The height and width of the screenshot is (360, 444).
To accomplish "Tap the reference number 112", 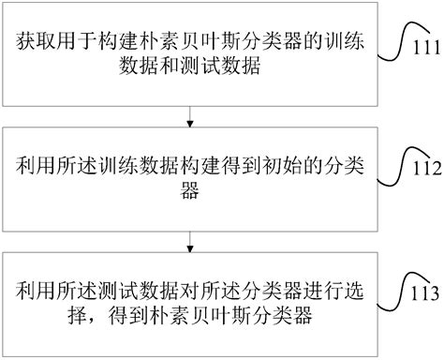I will pyautogui.click(x=422, y=170).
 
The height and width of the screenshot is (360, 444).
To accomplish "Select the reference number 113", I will pyautogui.click(x=424, y=292).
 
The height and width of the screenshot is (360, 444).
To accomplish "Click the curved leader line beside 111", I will pyautogui.click(x=398, y=37).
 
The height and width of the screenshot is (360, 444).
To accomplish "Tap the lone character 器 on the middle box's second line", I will pyautogui.click(x=191, y=191).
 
